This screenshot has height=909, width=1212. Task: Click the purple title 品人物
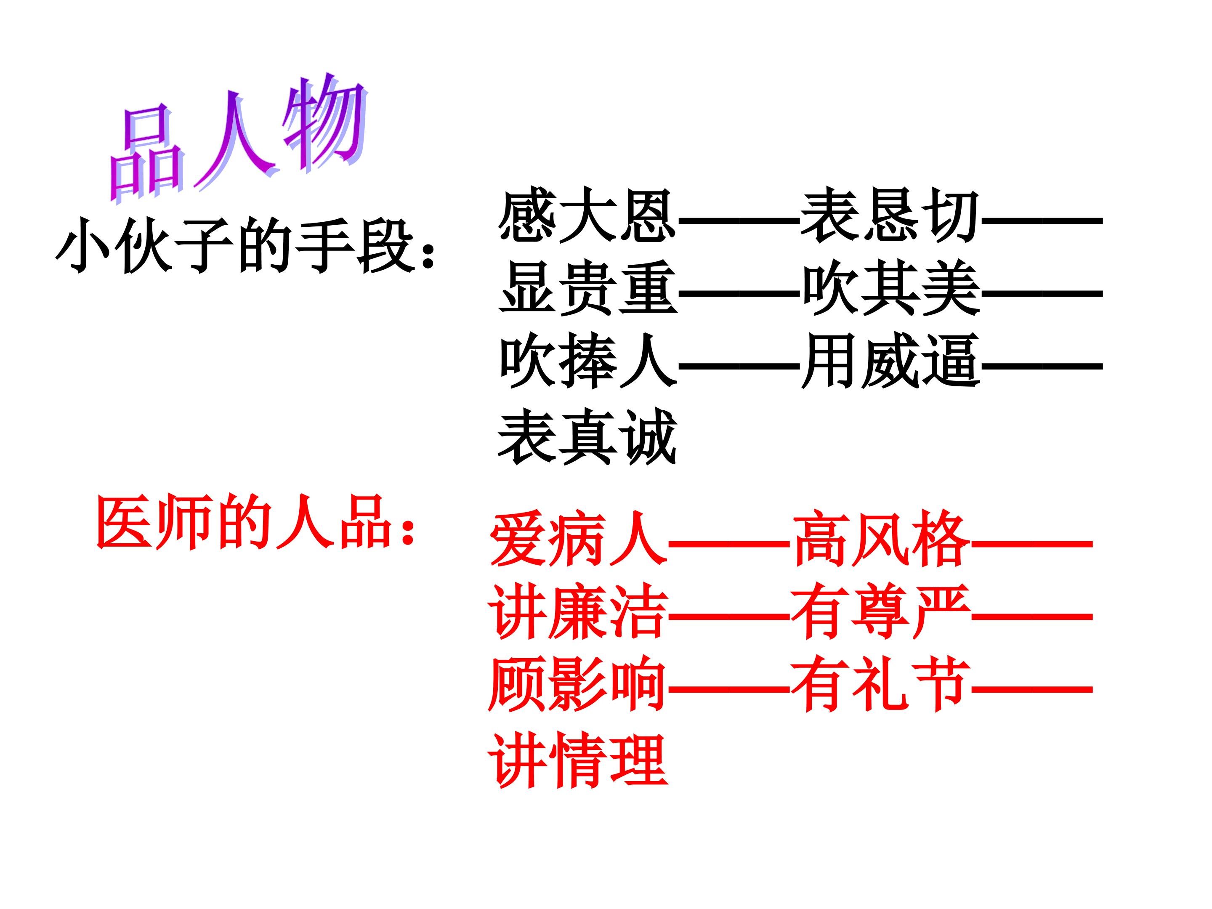tap(238, 137)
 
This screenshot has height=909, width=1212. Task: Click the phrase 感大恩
tap(588, 215)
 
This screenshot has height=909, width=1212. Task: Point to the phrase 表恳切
tap(890, 215)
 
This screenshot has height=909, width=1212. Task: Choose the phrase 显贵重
tap(588, 288)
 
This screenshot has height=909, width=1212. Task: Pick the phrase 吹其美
tap(890, 288)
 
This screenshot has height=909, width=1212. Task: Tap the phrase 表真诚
tap(588, 436)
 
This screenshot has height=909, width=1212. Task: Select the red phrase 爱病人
tap(578, 538)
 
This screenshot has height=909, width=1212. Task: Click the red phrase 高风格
tap(881, 538)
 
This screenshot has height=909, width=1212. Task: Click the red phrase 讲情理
tap(578, 760)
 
